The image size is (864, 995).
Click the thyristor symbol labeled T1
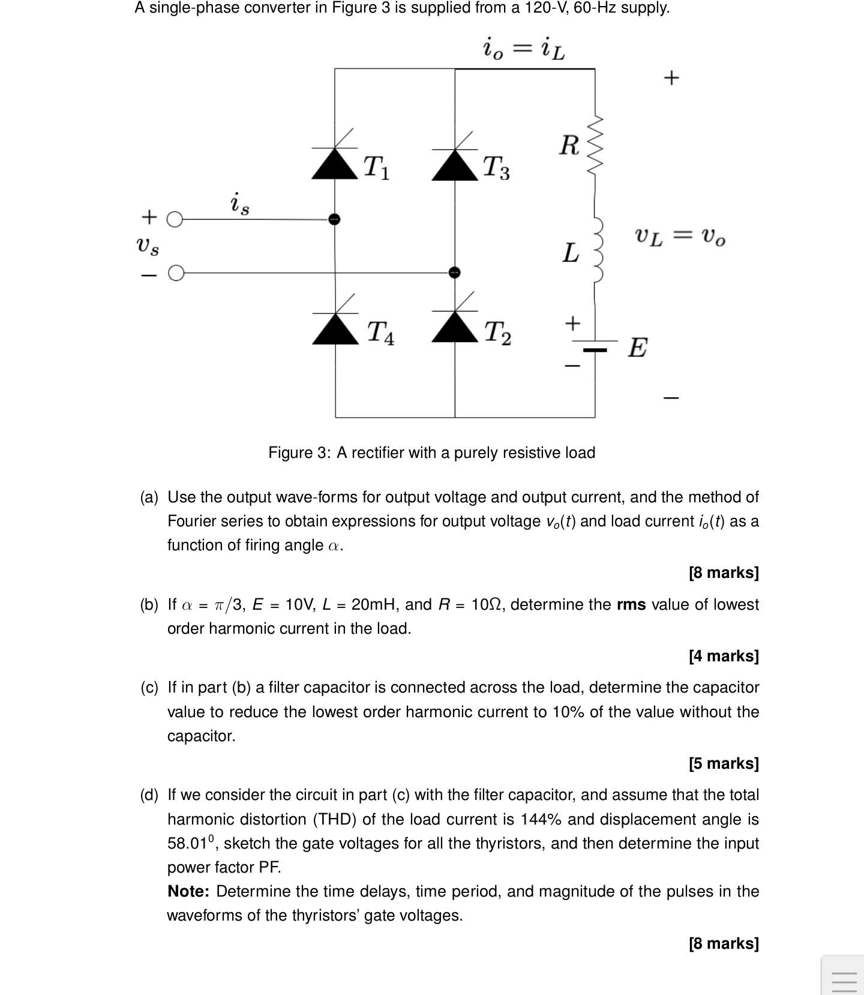tap(335, 162)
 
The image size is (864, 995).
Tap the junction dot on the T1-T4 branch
tap(335, 219)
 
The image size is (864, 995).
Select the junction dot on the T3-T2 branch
tap(455, 272)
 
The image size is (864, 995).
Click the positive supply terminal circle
tap(173, 220)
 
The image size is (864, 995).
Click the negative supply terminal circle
tap(175, 274)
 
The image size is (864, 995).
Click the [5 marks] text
tap(724, 763)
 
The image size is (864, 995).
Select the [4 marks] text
tap(724, 656)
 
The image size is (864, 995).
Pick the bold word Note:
tap(188, 892)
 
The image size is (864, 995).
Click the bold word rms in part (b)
tap(631, 604)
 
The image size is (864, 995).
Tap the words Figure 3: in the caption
tap(299, 452)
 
